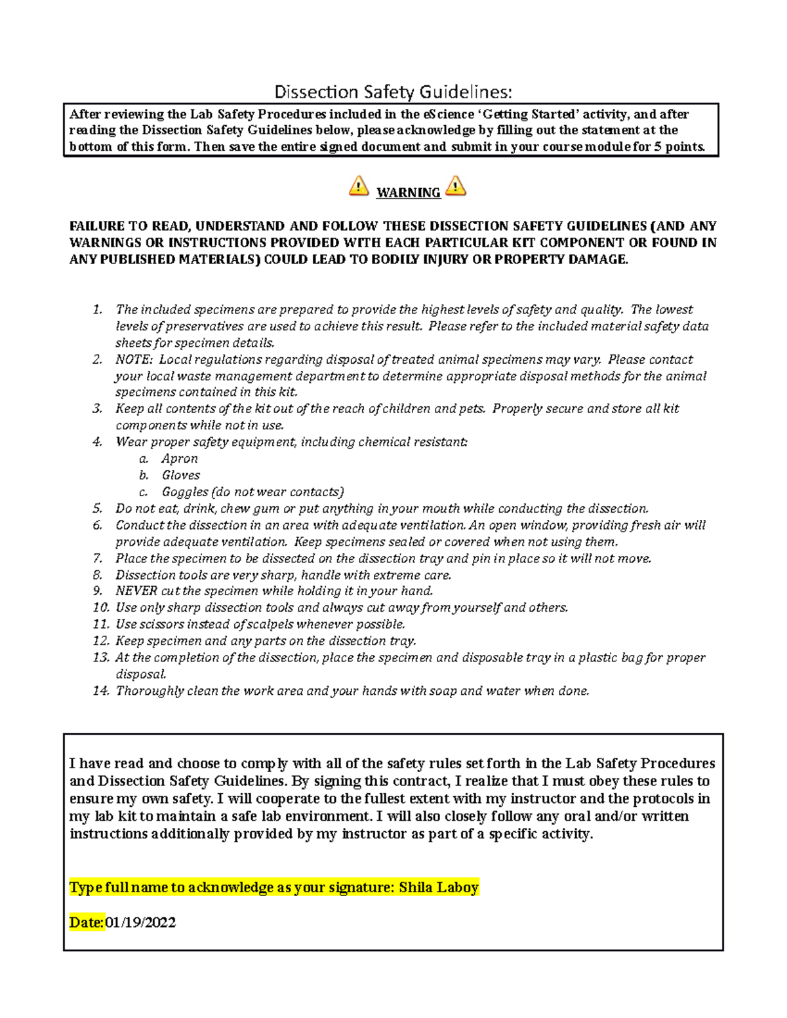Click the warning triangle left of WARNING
point(359,186)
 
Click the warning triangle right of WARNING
point(455,186)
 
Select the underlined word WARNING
point(408,193)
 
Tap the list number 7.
point(98,558)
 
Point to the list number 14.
point(100,691)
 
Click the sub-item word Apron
point(180,459)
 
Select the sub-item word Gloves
point(181,475)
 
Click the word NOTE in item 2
point(133,360)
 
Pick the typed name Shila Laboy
point(439,888)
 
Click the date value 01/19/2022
point(140,923)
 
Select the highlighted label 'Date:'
point(87,923)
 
